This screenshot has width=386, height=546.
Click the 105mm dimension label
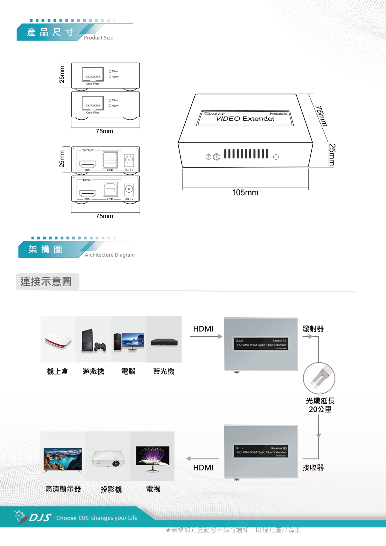[245, 193]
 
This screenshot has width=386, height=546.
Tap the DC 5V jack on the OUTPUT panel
[129, 160]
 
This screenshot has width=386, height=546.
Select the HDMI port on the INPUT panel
[87, 194]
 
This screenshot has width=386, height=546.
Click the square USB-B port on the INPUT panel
[110, 190]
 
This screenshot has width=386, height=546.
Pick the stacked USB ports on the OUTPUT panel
[110, 160]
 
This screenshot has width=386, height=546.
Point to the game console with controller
[93, 341]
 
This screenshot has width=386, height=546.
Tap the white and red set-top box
[58, 341]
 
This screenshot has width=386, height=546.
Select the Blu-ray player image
[164, 342]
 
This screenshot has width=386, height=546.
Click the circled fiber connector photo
[319, 378]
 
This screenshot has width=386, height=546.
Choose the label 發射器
[313, 329]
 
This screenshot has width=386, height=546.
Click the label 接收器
[313, 468]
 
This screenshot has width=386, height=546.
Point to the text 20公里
[320, 409]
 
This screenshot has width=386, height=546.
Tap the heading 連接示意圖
[46, 282]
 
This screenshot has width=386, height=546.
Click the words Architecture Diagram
[110, 255]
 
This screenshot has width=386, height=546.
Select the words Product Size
[98, 38]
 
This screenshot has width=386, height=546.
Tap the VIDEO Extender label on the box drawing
[245, 119]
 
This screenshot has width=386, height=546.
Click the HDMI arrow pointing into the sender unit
[206, 336]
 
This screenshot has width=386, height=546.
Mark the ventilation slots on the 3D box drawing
[246, 154]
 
